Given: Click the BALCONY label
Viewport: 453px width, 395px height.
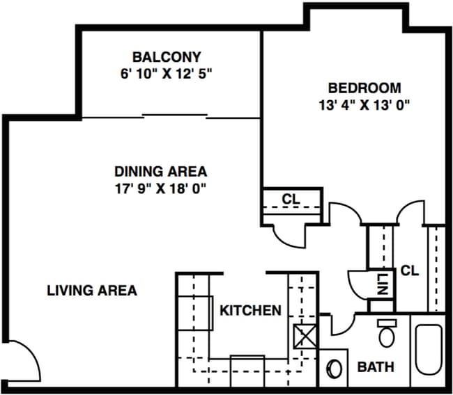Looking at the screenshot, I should [x=167, y=56].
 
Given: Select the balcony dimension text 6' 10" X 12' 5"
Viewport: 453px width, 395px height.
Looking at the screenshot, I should [x=167, y=72].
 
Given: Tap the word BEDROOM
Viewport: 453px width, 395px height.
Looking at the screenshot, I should [x=364, y=88].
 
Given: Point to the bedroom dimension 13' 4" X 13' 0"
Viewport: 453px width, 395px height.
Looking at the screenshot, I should [x=364, y=105].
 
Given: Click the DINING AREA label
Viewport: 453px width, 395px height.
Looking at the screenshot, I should [x=160, y=171].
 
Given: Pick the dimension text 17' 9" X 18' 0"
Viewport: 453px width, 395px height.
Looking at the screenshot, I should [x=160, y=188].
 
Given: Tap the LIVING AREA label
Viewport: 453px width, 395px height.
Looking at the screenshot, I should [x=92, y=291].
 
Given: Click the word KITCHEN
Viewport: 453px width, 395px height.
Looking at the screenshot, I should [x=251, y=310].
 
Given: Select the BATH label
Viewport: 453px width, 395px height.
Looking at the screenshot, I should [x=376, y=366].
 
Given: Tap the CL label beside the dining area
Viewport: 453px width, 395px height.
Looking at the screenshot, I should [x=291, y=199].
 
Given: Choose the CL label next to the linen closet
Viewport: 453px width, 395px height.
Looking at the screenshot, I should [x=410, y=271].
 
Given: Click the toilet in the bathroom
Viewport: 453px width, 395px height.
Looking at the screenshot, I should [x=386, y=334].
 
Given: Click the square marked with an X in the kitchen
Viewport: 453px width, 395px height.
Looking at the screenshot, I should [x=305, y=337].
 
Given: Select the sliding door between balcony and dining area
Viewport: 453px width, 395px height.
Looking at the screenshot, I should [x=174, y=114].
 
